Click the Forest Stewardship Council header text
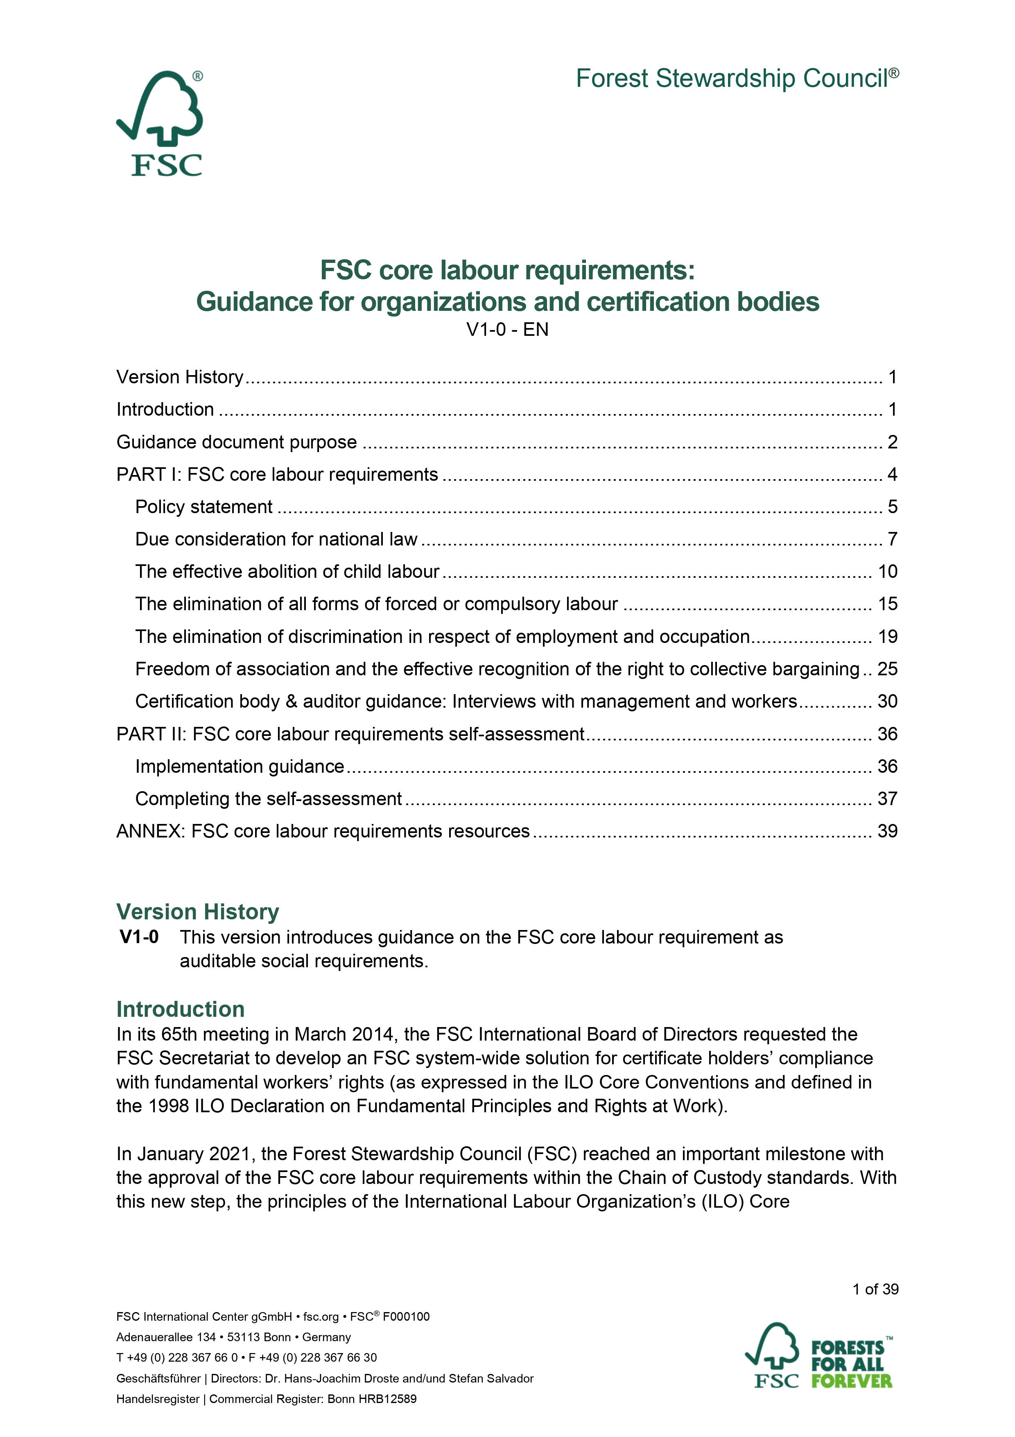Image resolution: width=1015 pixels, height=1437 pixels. (737, 79)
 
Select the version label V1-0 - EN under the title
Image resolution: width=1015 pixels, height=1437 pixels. (507, 330)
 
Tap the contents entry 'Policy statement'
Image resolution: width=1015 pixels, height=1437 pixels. (204, 507)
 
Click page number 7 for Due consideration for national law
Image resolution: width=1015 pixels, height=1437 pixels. (892, 539)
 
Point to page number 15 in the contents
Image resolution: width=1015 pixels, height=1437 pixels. (887, 604)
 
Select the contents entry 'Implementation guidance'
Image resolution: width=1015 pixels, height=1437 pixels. (240, 766)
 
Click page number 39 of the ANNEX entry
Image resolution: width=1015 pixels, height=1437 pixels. (887, 831)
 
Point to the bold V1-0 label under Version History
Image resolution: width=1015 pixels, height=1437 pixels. (139, 937)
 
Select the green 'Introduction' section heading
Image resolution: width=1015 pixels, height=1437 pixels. (180, 1009)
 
